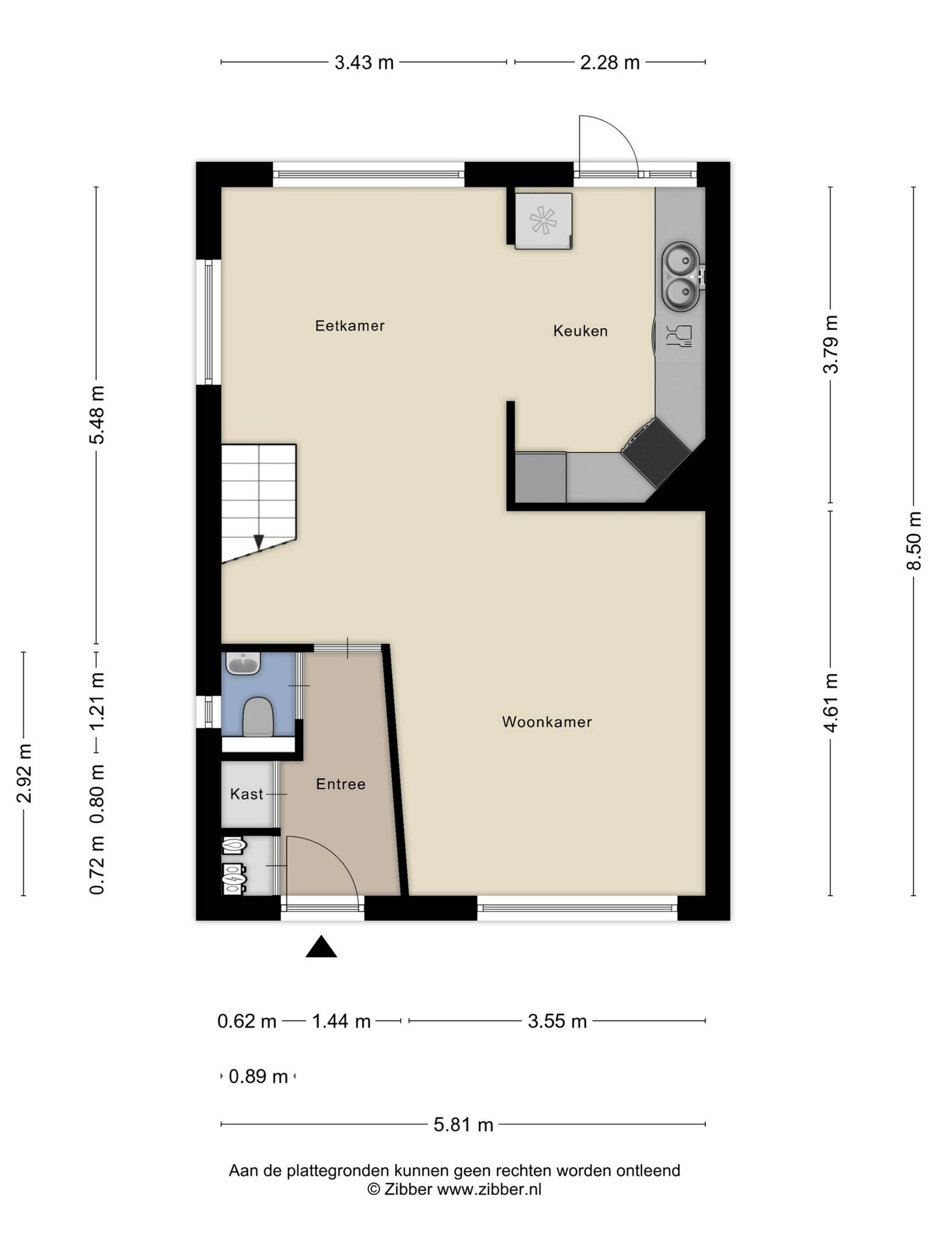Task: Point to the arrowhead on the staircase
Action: (x=259, y=542)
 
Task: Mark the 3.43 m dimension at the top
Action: (x=364, y=62)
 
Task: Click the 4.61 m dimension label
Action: (x=830, y=703)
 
